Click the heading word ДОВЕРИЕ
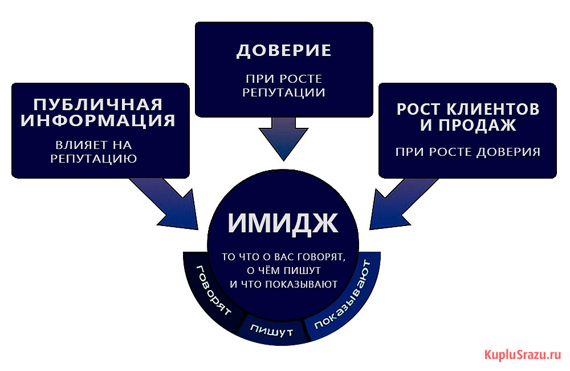pyautogui.click(x=284, y=51)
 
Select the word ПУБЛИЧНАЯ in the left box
pyautogui.click(x=98, y=105)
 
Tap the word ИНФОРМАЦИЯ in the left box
pyautogui.click(x=98, y=120)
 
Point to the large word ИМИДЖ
pyautogui.click(x=283, y=223)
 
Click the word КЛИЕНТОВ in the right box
pyautogui.click(x=493, y=109)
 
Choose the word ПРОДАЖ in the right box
pyautogui.click(x=477, y=125)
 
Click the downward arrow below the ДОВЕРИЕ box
pyautogui.click(x=283, y=139)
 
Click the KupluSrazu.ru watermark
pyautogui.click(x=523, y=354)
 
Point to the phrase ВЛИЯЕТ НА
pyautogui.click(x=93, y=145)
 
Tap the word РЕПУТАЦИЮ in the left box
pyautogui.click(x=93, y=159)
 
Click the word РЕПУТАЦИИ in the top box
pyautogui.click(x=283, y=92)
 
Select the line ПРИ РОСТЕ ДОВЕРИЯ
pyautogui.click(x=468, y=152)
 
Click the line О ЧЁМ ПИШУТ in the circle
pyautogui.click(x=283, y=271)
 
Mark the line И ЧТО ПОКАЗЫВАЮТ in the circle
pyautogui.click(x=283, y=284)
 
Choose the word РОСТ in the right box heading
pyautogui.click(x=418, y=109)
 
